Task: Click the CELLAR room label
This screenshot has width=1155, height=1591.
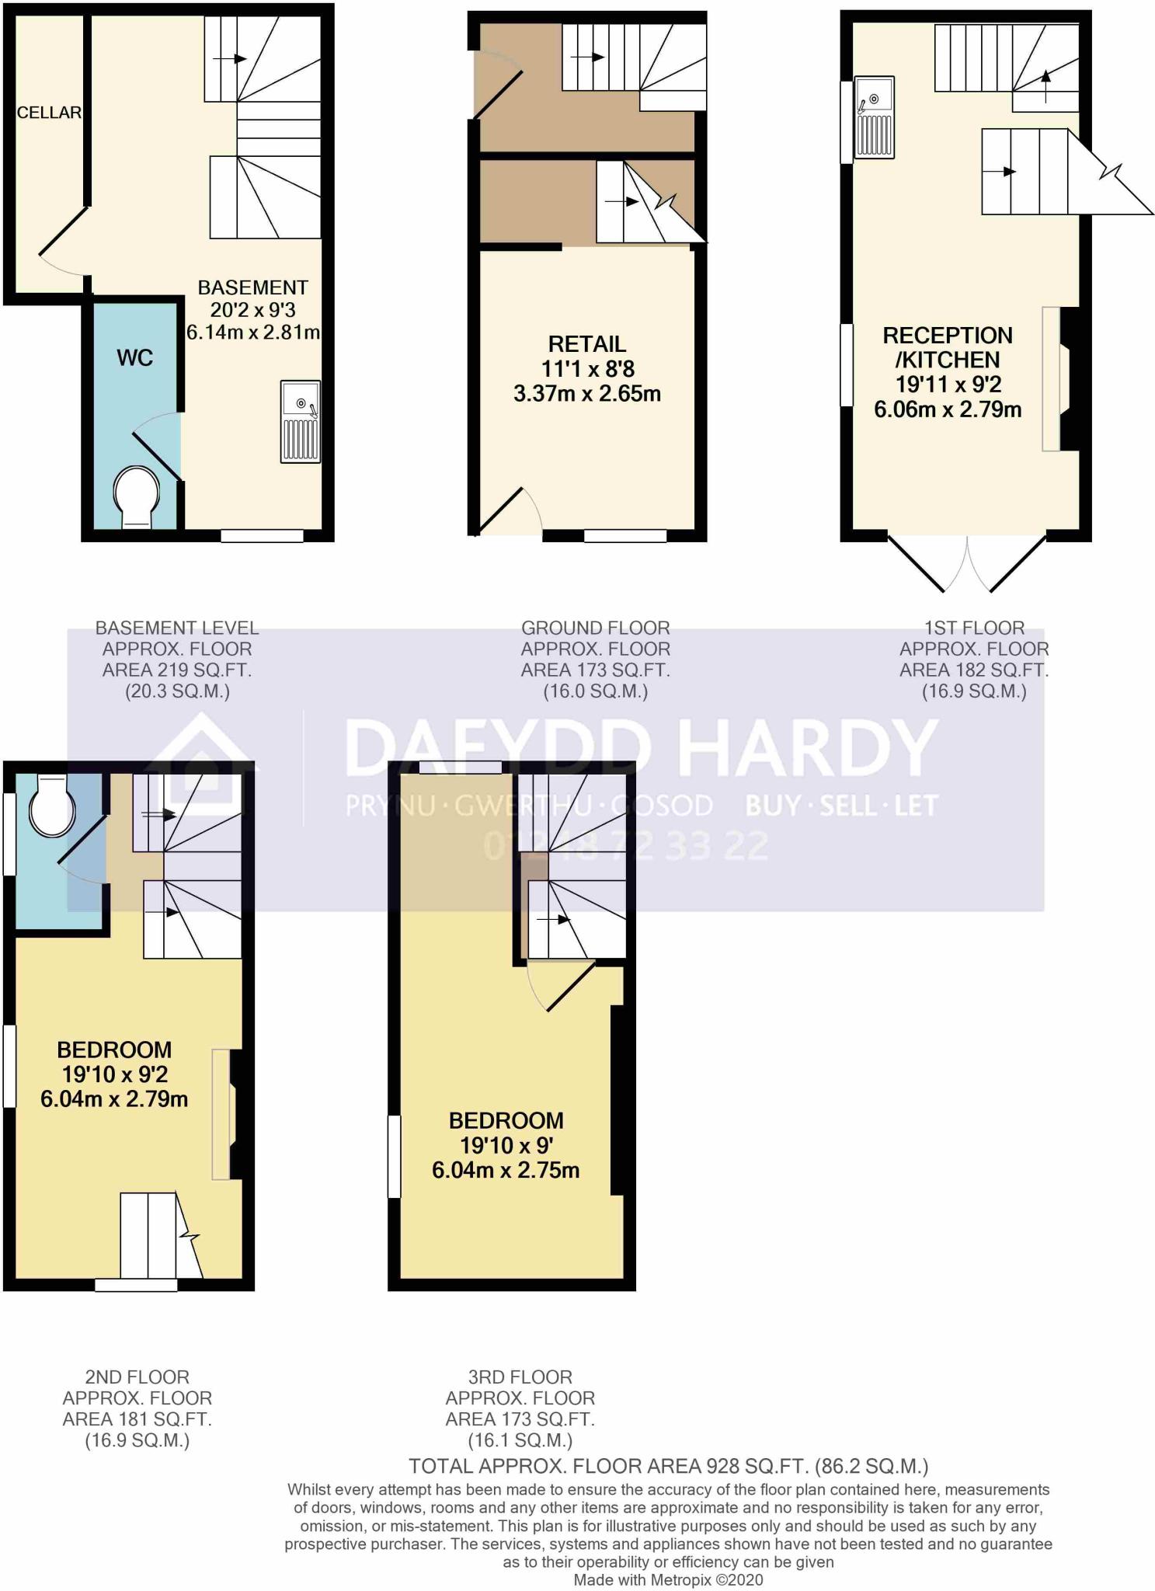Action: pyautogui.click(x=49, y=113)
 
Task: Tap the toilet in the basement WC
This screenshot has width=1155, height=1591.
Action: pyautogui.click(x=137, y=496)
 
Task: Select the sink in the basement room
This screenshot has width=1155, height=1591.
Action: pyautogui.click(x=300, y=423)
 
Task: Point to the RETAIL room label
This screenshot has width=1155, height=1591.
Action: pyautogui.click(x=586, y=344)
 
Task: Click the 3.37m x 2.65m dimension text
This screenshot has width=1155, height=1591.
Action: pyautogui.click(x=586, y=394)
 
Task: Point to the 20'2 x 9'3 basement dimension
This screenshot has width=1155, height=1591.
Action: pyautogui.click(x=252, y=310)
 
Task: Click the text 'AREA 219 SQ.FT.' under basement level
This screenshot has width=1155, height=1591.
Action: pyautogui.click(x=177, y=670)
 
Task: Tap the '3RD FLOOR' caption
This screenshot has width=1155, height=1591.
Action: pyautogui.click(x=520, y=1377)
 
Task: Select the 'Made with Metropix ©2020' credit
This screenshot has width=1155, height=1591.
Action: pyautogui.click(x=668, y=1580)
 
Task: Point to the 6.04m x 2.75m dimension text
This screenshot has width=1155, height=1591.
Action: pyautogui.click(x=506, y=1171)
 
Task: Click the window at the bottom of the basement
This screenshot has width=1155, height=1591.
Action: pyautogui.click(x=262, y=535)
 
